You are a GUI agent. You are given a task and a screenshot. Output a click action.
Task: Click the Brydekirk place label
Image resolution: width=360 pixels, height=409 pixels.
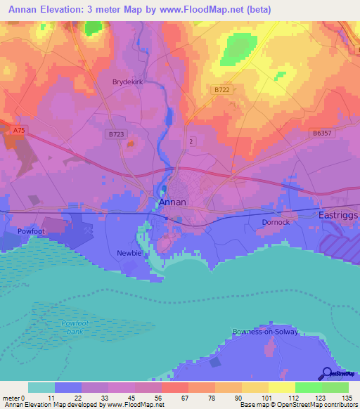click(x=127, y=82)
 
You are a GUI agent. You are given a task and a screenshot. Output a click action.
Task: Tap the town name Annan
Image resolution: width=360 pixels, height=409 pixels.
click(x=173, y=202)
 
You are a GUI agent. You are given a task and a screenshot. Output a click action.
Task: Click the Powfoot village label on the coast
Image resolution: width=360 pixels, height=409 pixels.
click(x=30, y=231)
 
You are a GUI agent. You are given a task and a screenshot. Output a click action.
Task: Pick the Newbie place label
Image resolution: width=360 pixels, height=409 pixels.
click(x=128, y=252)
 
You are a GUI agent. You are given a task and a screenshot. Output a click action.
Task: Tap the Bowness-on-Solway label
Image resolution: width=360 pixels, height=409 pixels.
click(x=265, y=331)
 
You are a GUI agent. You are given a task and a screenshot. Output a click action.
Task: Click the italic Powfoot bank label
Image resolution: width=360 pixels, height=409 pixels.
click(x=76, y=327)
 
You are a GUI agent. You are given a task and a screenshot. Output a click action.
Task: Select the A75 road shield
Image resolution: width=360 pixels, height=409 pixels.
click(x=19, y=130)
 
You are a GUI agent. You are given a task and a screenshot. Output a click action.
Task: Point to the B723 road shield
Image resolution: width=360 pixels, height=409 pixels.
click(x=117, y=133)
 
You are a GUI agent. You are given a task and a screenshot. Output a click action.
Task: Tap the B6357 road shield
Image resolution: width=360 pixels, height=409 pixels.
click(x=322, y=131)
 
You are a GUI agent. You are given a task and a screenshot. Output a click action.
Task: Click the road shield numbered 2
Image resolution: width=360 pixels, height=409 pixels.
click(x=191, y=141)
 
